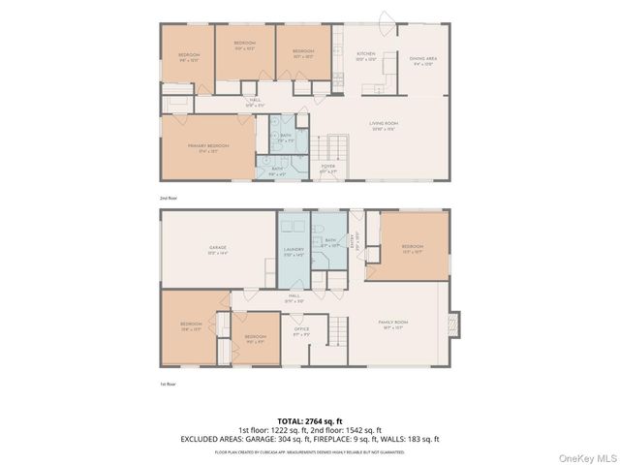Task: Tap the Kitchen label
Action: pos(365,55)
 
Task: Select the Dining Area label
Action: pos(423,60)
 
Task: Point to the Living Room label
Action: pos(385,124)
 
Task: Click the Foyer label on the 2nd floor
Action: pos(328,168)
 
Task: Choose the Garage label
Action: pos(217,249)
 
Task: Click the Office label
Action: pos(301,331)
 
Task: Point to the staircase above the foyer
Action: pos(336,148)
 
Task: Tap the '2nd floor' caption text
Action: pos(170,198)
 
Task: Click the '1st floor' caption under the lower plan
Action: pos(170,385)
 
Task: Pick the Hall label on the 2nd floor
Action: pos(255,101)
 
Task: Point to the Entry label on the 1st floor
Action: pos(352,242)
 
